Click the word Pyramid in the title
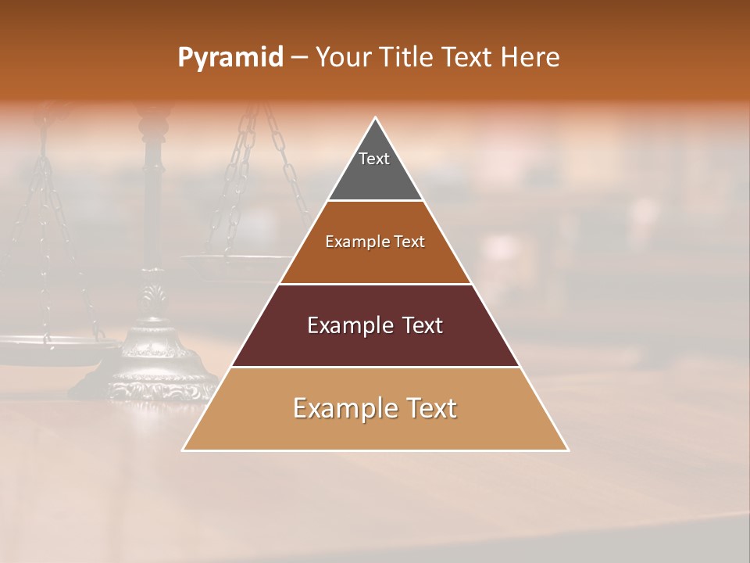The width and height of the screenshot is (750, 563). (x=230, y=57)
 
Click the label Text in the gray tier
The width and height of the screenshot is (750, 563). (x=374, y=159)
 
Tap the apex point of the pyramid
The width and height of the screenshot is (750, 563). (x=376, y=118)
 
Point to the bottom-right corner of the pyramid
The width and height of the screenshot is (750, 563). (x=567, y=450)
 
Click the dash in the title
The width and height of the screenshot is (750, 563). (x=299, y=57)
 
